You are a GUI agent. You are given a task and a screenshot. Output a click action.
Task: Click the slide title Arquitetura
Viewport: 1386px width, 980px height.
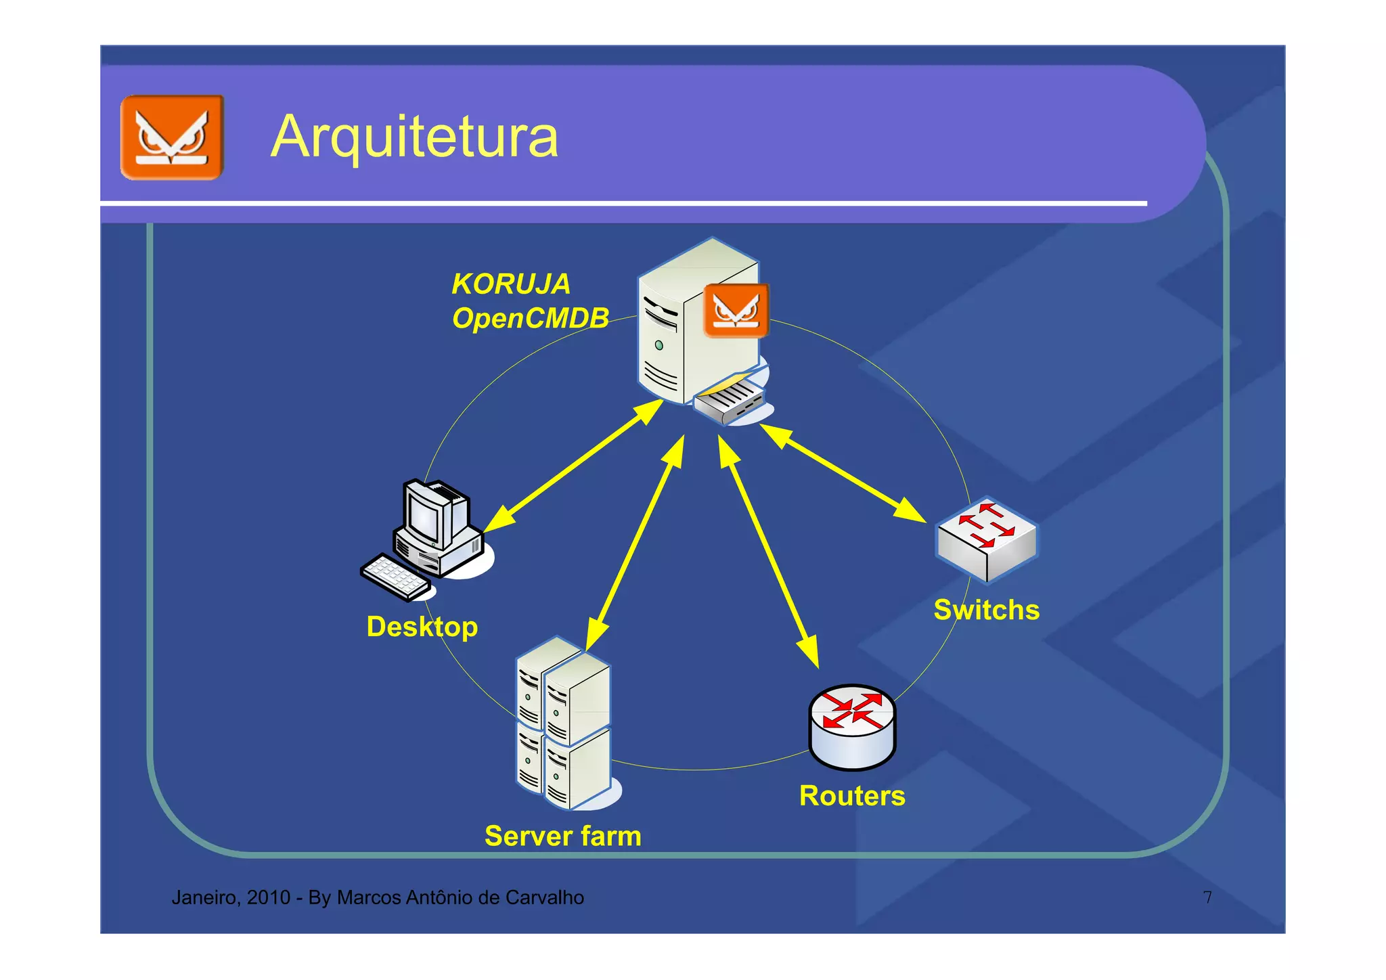point(414,137)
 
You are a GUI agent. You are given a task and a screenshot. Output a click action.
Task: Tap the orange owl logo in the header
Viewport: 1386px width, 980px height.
point(172,137)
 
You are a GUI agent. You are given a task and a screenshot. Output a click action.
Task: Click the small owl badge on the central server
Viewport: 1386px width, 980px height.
point(736,311)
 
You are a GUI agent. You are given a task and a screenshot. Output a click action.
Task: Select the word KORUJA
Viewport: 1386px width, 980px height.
point(511,284)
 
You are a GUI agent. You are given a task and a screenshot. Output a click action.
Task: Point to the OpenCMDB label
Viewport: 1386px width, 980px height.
point(530,318)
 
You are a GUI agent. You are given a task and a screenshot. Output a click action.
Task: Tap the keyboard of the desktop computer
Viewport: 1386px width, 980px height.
point(395,577)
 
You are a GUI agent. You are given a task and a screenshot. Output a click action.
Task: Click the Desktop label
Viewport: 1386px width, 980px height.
point(422,627)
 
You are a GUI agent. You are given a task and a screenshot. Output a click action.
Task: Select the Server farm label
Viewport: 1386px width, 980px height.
point(562,836)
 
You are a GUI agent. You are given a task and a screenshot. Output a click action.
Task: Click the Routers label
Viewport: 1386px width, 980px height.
point(851,796)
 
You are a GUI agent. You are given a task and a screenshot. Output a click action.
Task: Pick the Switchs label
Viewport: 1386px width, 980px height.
point(986,610)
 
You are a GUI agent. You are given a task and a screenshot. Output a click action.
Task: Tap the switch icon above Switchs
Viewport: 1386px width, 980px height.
point(986,539)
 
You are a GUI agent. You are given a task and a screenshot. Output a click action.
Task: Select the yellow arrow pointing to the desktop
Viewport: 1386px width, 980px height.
point(572,466)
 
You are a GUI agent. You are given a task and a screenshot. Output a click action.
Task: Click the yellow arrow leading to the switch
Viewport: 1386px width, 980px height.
point(843,474)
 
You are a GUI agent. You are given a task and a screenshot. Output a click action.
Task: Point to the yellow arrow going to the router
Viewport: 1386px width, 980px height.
point(768,552)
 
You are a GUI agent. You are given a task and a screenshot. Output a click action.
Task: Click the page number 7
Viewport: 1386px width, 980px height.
point(1207,897)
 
